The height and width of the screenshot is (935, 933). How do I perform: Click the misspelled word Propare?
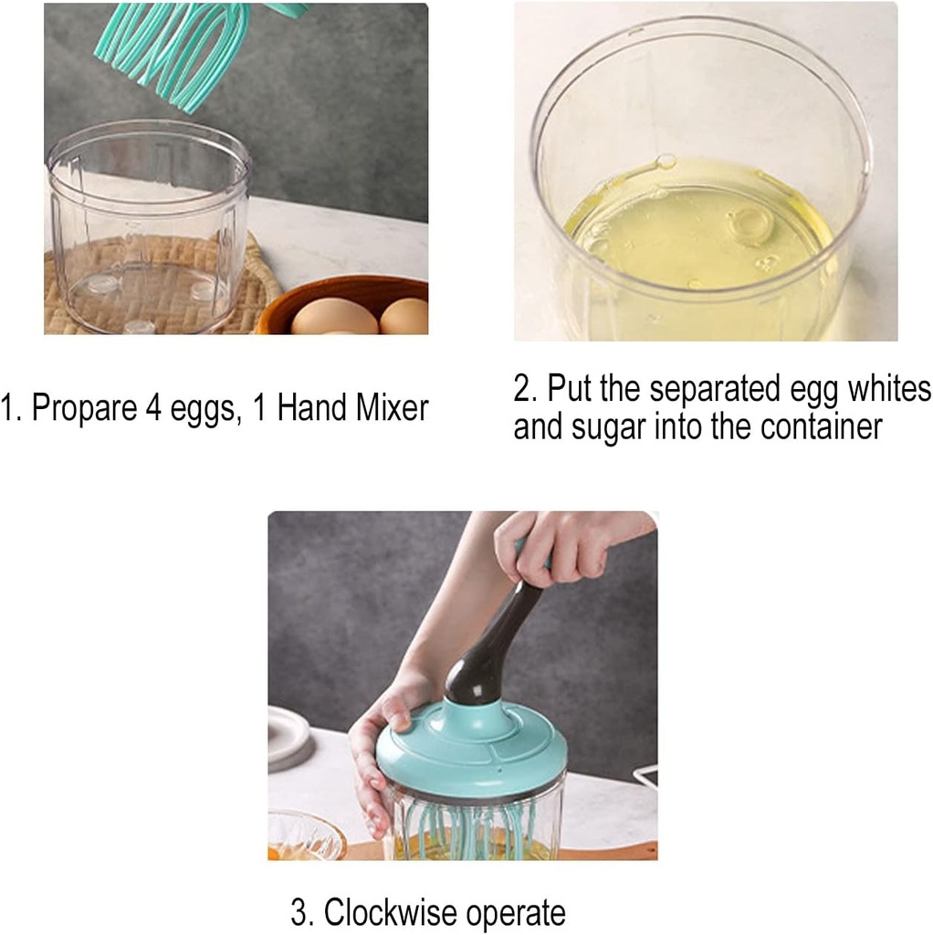tap(83, 408)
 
